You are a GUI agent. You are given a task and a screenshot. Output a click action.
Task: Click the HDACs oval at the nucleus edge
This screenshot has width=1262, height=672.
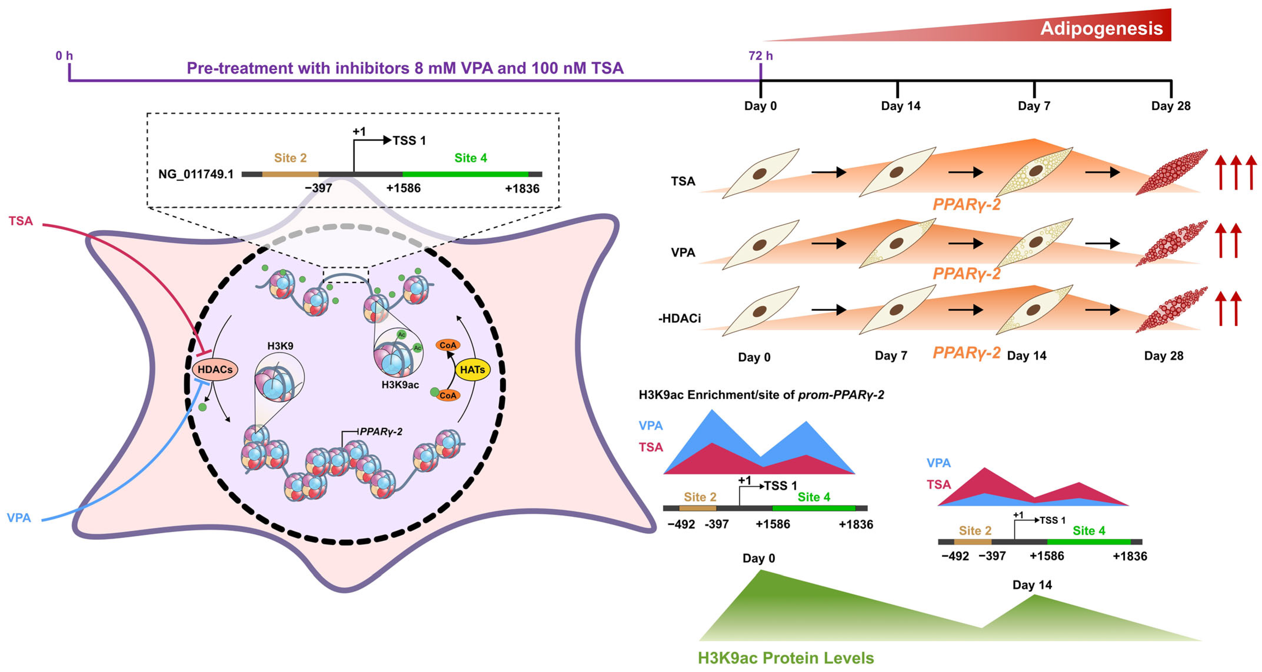coord(215,370)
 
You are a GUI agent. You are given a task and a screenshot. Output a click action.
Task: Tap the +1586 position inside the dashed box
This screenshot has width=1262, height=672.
coord(403,188)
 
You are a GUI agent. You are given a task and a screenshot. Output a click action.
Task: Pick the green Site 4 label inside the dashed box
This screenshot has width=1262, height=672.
coord(470,158)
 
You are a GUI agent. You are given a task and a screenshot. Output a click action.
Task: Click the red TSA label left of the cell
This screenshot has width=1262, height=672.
coord(21,221)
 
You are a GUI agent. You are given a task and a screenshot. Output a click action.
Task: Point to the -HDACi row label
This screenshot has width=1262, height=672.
coord(679,319)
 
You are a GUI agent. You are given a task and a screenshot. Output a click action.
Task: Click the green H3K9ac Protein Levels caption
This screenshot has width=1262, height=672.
coord(785,658)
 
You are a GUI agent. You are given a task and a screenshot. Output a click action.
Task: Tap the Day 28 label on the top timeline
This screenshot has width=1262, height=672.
coord(1171,106)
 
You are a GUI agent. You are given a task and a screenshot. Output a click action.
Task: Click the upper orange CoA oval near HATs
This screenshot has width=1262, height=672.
coord(448,345)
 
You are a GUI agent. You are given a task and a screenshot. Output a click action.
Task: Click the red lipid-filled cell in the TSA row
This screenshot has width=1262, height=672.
coord(1171,172)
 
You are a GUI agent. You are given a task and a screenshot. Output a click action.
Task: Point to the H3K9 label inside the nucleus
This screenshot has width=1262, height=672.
coord(280,346)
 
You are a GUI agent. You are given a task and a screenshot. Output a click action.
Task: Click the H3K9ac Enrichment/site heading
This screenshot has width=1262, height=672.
coord(761,395)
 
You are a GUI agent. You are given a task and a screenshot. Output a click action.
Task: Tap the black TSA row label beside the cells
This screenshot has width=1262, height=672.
coord(683,181)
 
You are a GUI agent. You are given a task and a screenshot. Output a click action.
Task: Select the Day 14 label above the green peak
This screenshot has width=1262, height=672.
coord(1032,585)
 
